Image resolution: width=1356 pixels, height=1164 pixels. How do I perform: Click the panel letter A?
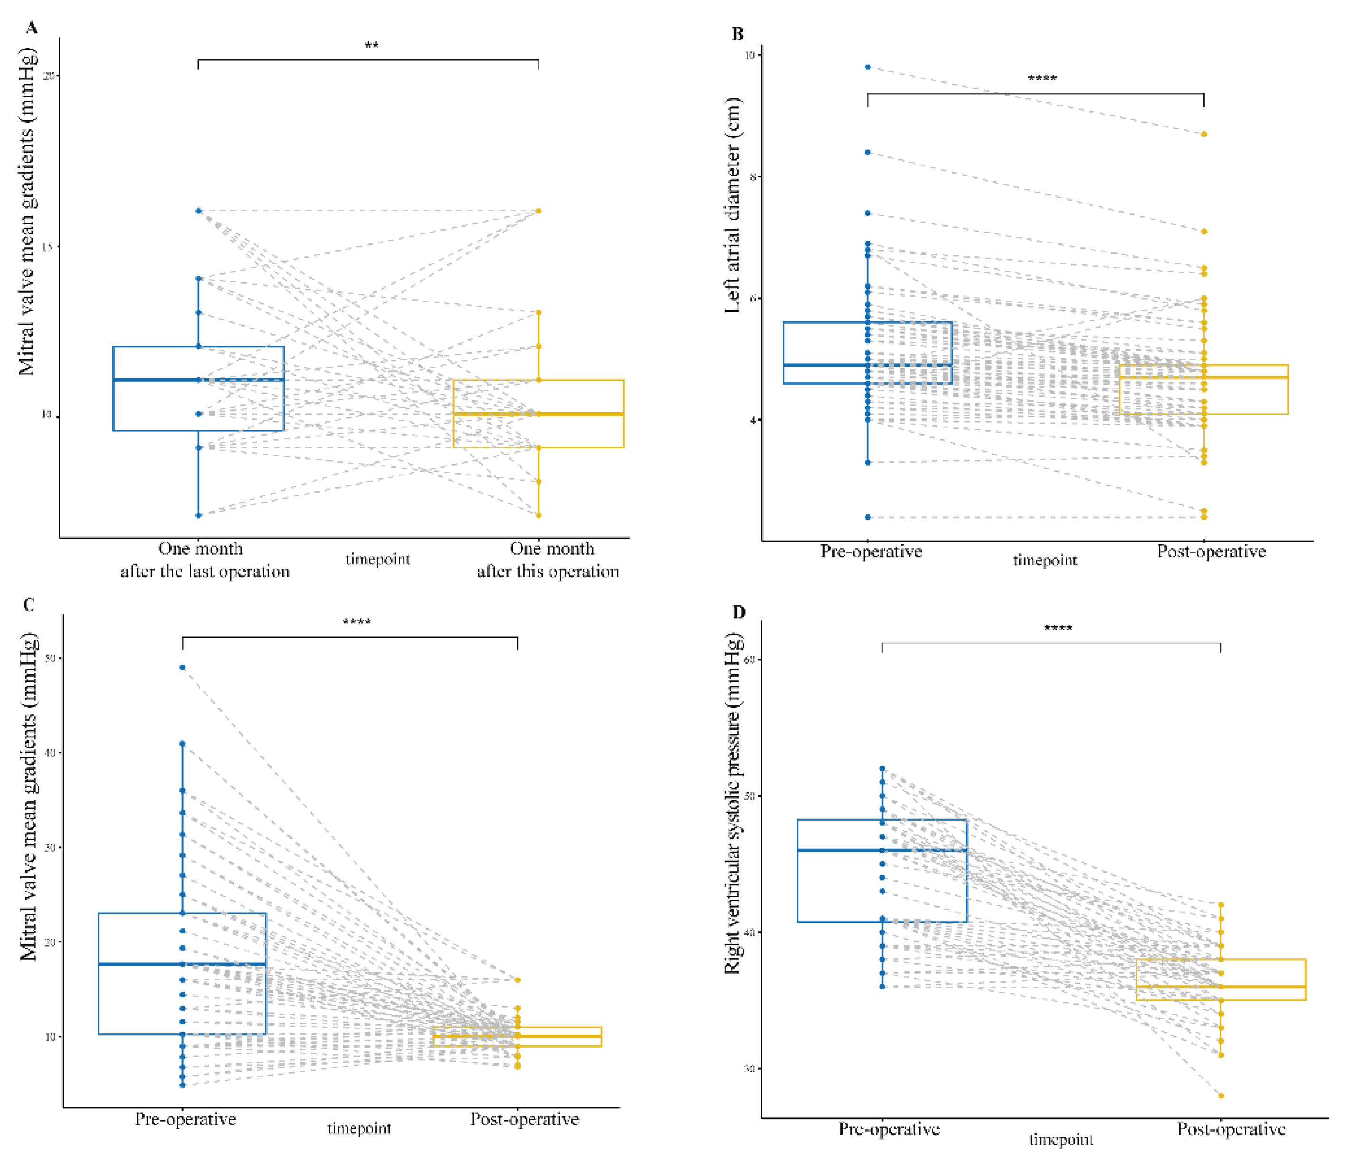point(31,28)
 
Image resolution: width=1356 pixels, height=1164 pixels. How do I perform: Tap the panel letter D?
point(738,612)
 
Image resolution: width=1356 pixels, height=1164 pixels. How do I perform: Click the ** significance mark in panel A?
point(371,46)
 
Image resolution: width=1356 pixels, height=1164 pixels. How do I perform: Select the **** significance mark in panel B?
point(1042,79)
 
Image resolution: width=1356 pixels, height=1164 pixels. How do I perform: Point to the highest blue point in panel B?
point(868,67)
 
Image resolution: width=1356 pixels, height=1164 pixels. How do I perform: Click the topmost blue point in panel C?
point(183,668)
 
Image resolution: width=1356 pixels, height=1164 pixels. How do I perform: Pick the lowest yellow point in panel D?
point(1221,1096)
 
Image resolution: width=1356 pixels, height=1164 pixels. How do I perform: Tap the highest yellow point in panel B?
point(1204,134)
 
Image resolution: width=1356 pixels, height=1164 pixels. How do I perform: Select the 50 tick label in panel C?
point(49,658)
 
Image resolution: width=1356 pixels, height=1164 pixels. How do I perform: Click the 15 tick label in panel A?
point(48,246)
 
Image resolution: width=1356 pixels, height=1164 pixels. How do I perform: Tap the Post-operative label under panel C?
point(524,1119)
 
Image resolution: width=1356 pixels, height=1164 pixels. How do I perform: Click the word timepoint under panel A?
point(378,559)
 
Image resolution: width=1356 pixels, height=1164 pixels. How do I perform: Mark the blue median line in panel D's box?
point(882,850)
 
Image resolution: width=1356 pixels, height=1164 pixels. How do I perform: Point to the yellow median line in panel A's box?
point(539,414)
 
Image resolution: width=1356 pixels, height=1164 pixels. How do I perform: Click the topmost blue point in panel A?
point(199,211)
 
